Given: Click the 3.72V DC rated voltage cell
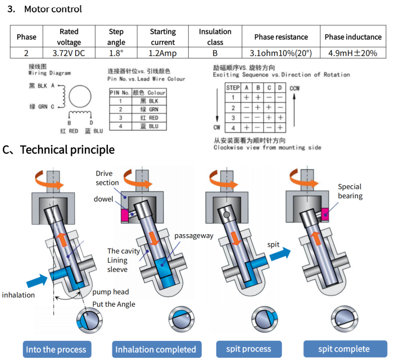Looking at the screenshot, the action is point(69,53).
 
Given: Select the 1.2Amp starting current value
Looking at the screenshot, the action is point(162,53).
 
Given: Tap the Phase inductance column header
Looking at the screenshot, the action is point(353,37).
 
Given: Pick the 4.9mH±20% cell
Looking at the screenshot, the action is point(353,53).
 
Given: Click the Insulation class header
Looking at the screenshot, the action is point(215,37).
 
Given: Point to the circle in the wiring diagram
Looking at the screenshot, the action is point(80,97).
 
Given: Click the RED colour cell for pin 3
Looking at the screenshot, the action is point(150,118).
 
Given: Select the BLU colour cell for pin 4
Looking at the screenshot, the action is point(150,126).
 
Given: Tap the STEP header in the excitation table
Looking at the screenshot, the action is point(233,88).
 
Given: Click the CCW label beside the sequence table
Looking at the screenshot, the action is point(295,88).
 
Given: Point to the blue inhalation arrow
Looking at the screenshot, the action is point(37,281).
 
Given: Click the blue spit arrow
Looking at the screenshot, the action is point(280,254).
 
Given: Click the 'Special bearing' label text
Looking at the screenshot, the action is point(350,191).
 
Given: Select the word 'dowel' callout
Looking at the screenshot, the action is point(103,199).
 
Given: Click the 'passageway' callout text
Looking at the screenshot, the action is point(194,236).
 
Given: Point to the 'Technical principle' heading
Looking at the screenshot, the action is point(67,149).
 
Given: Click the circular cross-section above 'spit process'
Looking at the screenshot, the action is point(264,320).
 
